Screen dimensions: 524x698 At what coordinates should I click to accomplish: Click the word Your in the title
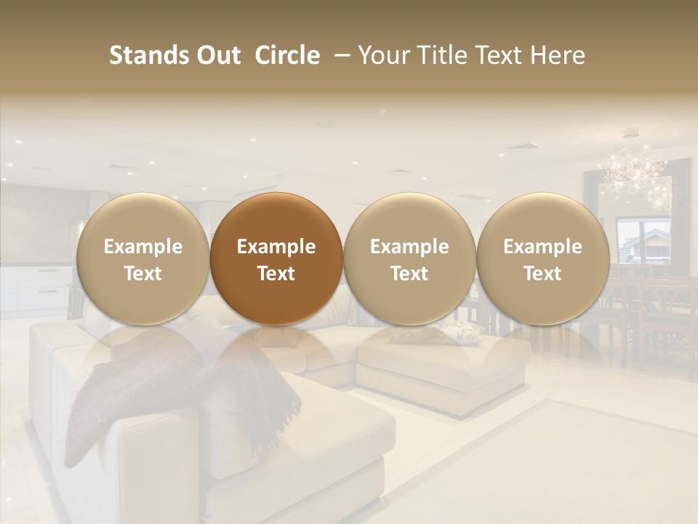[x=382, y=55]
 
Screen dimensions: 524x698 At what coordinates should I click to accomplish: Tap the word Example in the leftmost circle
[x=143, y=247]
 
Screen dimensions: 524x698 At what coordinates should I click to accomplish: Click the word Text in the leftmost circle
[x=143, y=274]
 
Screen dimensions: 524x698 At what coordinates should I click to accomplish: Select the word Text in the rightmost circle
[x=542, y=274]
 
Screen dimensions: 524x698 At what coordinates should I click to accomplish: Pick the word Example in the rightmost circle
[x=542, y=247]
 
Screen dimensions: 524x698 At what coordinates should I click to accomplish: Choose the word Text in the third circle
[x=409, y=274]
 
